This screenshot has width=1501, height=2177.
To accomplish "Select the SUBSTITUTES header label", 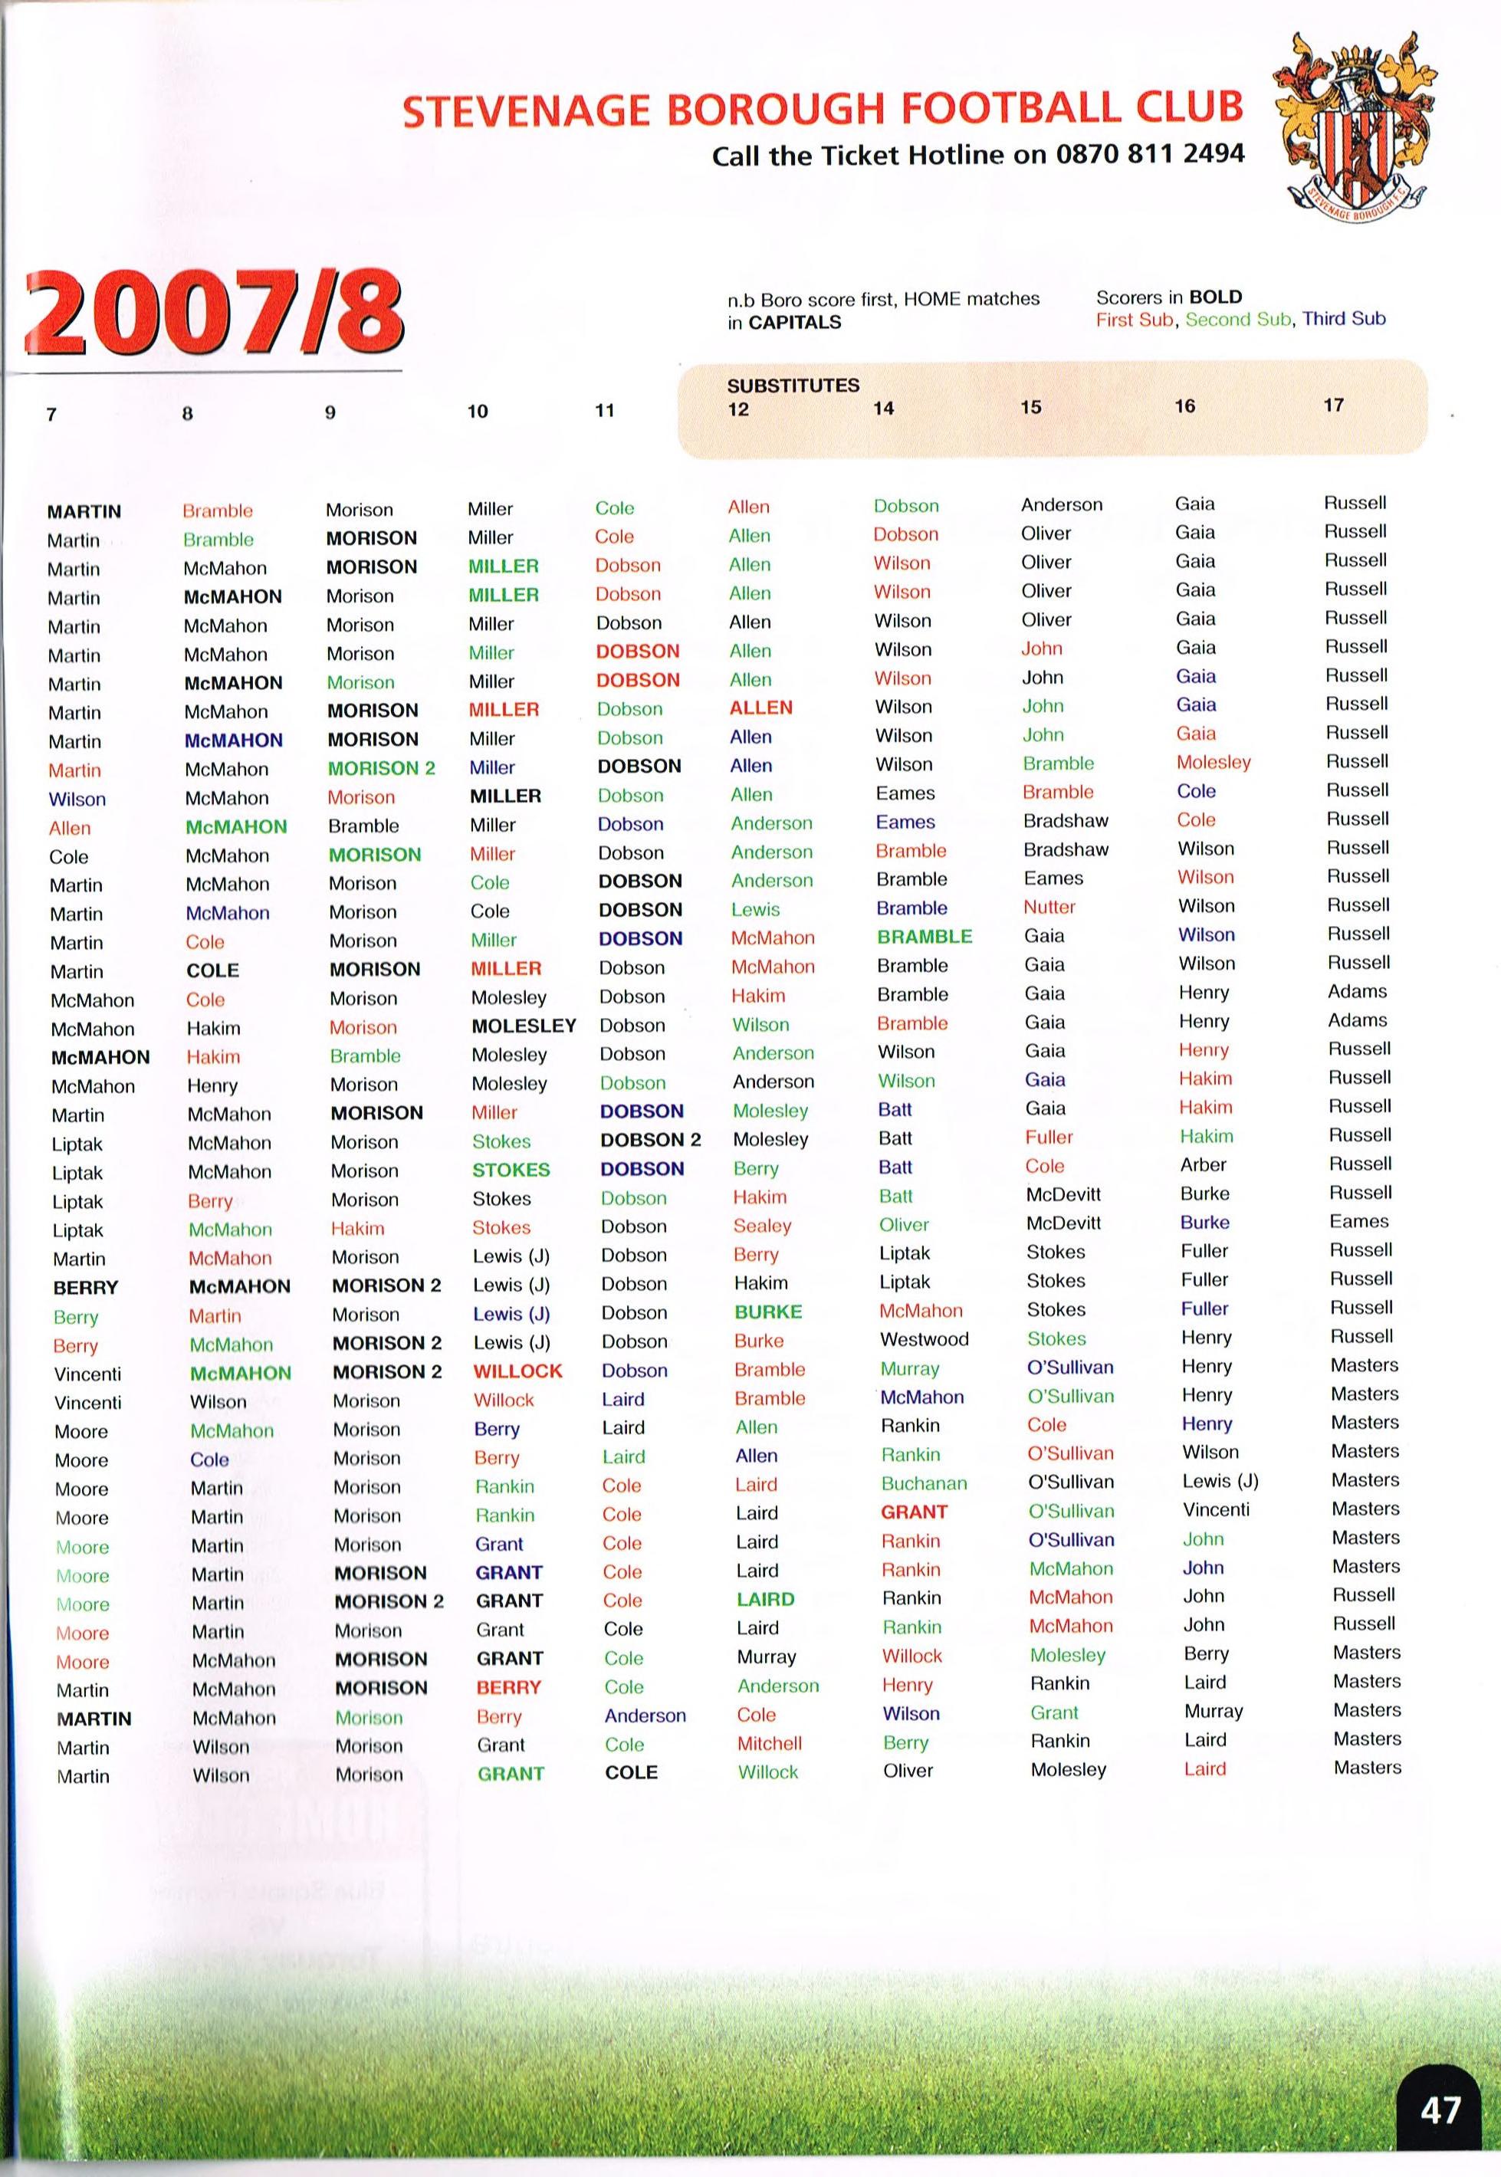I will click(x=792, y=386).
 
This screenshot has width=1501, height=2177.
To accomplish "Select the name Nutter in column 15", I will click(x=1049, y=908).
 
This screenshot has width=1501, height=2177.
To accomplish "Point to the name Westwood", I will click(x=924, y=1339).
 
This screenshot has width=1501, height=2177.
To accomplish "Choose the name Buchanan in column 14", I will click(x=924, y=1483).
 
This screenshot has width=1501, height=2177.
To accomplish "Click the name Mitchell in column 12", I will click(x=770, y=1742).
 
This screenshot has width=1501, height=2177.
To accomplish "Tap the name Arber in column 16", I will click(x=1203, y=1165).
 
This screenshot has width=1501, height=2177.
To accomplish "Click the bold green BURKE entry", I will click(x=767, y=1312).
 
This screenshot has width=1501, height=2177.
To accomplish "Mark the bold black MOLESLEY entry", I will click(x=523, y=1026).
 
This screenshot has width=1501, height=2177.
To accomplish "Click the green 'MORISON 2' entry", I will click(x=381, y=768).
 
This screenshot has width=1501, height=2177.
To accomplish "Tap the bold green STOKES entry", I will click(x=510, y=1170).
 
